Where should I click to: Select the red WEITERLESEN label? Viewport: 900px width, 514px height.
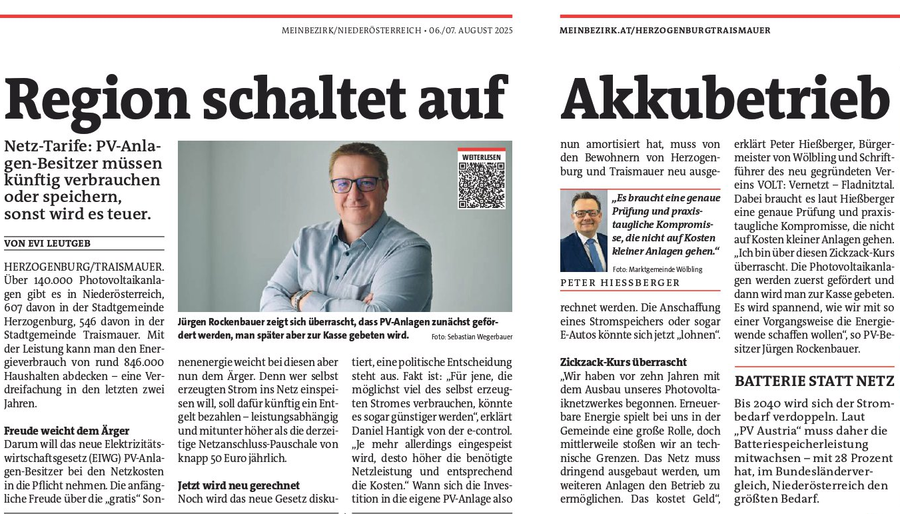(481, 156)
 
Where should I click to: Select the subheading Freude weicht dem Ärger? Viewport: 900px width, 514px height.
(67, 431)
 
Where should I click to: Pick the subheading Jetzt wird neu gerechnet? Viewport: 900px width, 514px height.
(238, 485)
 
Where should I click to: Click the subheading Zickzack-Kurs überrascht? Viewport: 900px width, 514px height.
(624, 362)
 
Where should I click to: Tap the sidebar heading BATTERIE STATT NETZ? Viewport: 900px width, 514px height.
(814, 382)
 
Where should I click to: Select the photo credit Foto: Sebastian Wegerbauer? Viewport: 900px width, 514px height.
(472, 337)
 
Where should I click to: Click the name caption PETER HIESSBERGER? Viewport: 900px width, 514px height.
(620, 283)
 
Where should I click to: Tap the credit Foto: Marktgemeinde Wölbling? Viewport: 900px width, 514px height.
(658, 269)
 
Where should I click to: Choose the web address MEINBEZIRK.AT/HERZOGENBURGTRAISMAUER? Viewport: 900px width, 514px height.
(665, 30)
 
